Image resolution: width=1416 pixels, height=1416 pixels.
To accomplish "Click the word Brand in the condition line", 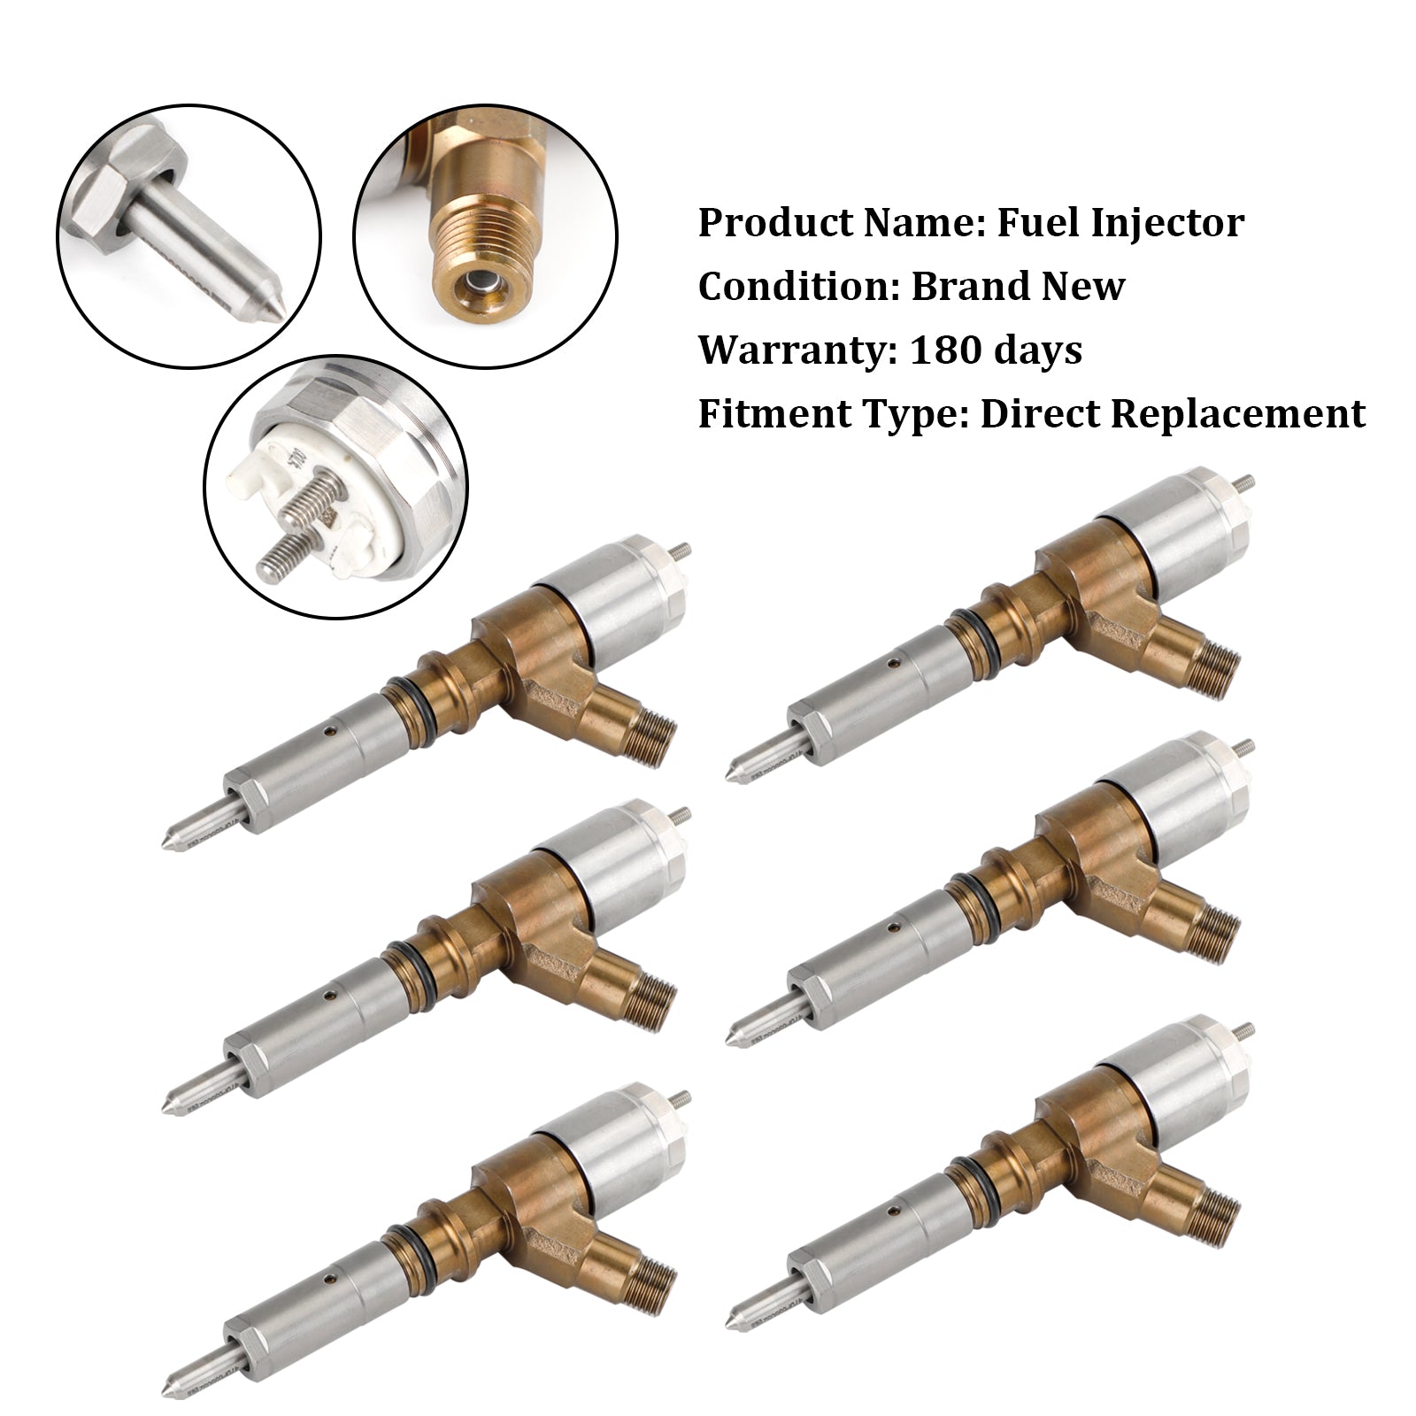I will click(966, 287).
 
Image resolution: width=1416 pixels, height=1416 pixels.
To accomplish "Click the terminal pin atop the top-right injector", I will click(1247, 483).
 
